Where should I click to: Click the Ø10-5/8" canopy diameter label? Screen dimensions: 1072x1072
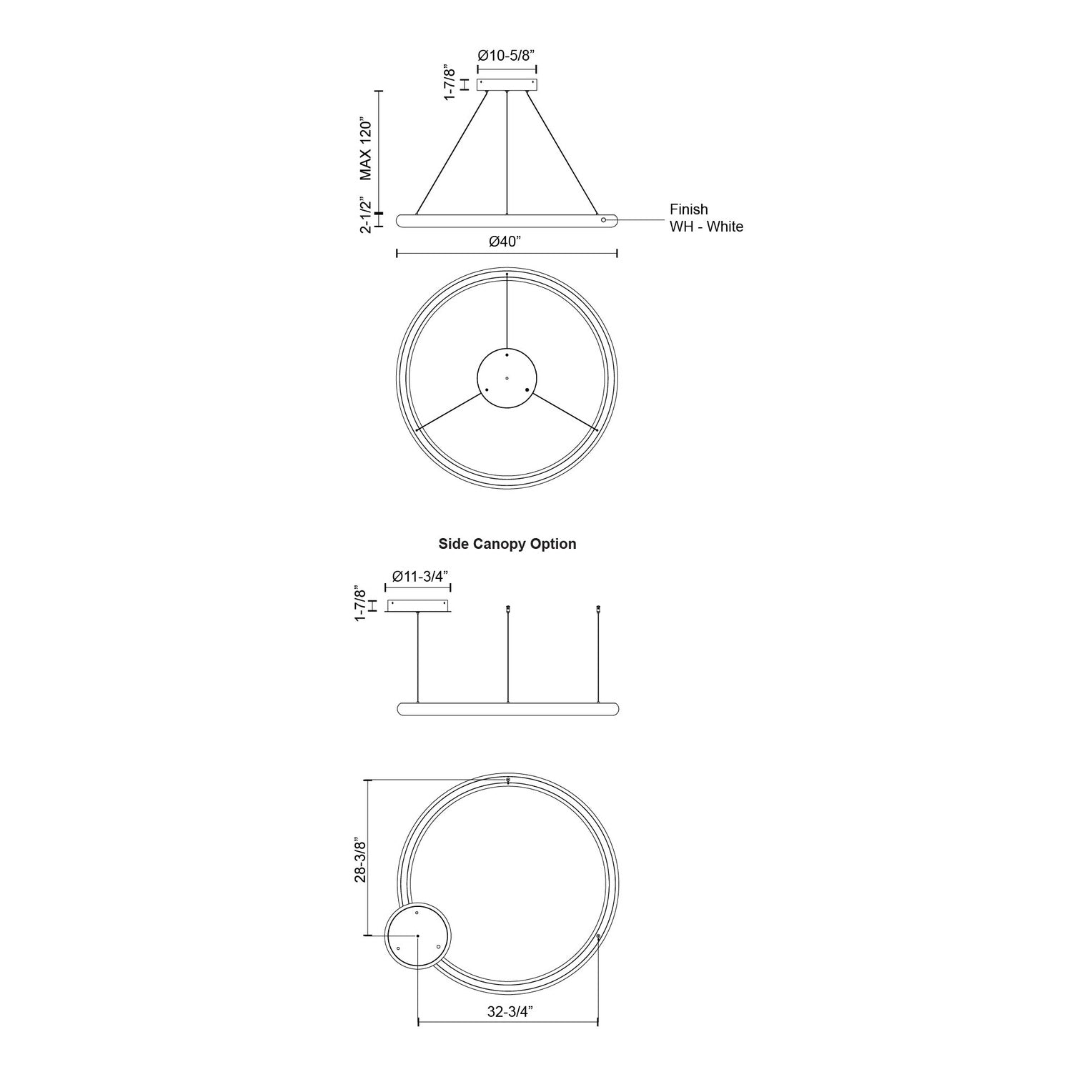(507, 55)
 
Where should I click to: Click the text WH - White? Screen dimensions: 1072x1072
(706, 227)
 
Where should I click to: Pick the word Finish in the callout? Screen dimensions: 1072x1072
(688, 209)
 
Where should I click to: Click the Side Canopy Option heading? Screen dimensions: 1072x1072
(507, 544)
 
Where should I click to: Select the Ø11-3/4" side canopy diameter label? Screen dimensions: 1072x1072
(418, 576)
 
